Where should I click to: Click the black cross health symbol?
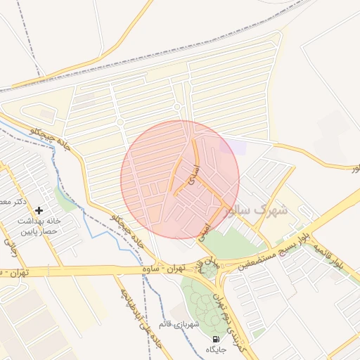tap(39, 210)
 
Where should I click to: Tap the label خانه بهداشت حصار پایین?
tap(40, 226)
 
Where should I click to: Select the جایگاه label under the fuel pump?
tap(214, 349)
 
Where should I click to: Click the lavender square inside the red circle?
tap(229, 147)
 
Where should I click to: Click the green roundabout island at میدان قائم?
tap(210, 271)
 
